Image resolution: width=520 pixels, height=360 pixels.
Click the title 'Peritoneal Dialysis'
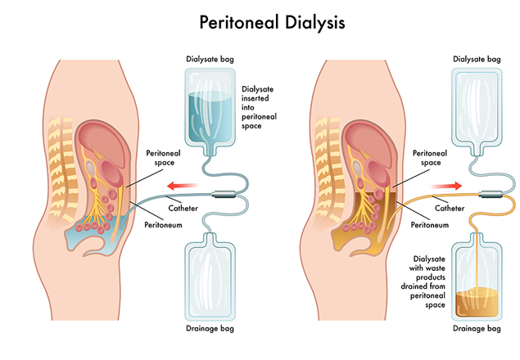[260, 22]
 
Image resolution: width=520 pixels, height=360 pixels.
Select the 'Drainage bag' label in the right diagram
[477, 330]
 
